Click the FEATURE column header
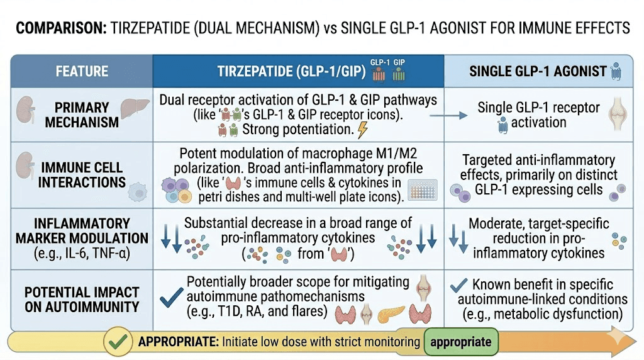click(x=82, y=71)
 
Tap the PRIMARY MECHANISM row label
click(x=82, y=114)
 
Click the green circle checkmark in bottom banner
click(x=116, y=342)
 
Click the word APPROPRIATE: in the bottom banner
click(x=177, y=342)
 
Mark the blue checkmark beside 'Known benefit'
click(x=460, y=284)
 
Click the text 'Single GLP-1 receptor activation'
click(x=539, y=114)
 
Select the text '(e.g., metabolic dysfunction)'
click(x=542, y=315)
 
